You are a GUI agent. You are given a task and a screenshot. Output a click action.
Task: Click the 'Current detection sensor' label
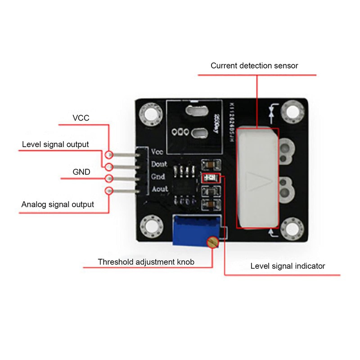(254, 66)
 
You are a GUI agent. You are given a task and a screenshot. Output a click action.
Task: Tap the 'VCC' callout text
(81, 118)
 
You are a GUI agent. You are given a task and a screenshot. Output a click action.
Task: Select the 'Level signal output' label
(55, 144)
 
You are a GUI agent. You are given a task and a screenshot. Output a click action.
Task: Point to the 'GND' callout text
(81, 172)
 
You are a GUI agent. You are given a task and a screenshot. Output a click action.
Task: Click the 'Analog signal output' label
(58, 204)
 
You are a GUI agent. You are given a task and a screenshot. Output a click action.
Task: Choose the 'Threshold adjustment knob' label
(146, 261)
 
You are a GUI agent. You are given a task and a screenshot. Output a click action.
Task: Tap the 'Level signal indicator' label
(288, 266)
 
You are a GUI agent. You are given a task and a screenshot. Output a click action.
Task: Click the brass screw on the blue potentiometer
(211, 243)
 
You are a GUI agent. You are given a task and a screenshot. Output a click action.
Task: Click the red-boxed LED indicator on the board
(210, 178)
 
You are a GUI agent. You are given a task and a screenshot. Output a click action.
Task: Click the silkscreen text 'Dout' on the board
(160, 164)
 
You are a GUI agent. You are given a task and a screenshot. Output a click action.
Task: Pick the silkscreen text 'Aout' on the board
(160, 189)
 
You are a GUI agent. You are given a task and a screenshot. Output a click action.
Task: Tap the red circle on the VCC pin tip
(108, 154)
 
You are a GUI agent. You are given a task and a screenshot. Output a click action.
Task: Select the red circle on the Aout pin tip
(108, 191)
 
